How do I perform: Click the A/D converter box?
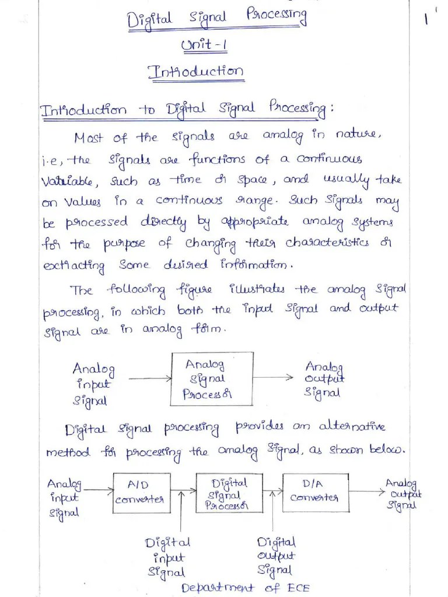[x=139, y=493]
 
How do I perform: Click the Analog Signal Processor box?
[x=211, y=379]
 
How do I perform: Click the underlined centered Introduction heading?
[x=195, y=72]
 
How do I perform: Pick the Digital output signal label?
[x=276, y=556]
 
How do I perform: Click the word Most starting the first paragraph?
[x=89, y=138]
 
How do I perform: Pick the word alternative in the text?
[x=352, y=427]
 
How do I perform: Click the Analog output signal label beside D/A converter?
[x=402, y=494]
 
